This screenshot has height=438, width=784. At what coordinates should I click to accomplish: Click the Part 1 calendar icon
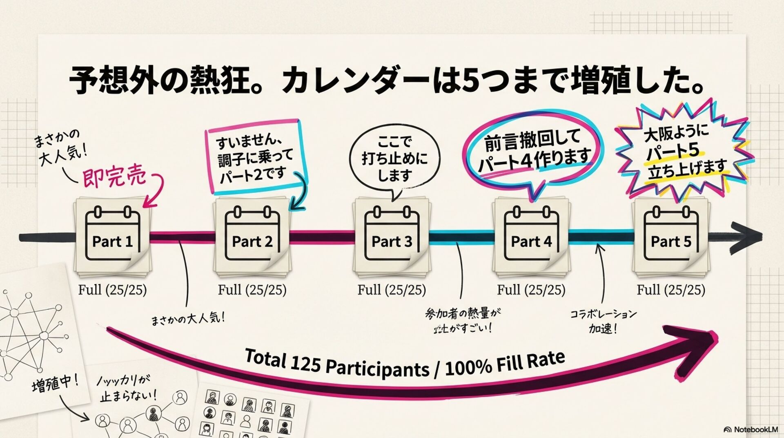point(112,235)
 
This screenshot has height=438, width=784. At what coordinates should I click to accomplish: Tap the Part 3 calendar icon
point(392,235)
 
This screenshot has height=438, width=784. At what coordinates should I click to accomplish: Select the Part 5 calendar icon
point(671,235)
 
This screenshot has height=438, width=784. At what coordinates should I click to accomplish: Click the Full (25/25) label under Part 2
point(252,290)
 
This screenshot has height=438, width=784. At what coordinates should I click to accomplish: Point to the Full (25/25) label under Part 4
point(531,290)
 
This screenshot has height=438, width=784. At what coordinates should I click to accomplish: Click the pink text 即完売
point(114,177)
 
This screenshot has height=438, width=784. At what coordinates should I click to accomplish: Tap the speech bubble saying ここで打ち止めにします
point(394,159)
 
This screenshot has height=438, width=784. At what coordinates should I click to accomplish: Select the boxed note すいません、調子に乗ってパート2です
point(254,157)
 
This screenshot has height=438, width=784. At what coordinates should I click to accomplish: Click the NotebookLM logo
point(751,429)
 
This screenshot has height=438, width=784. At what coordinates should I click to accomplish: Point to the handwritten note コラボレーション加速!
point(603,321)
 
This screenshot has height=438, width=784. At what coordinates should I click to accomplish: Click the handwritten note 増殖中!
point(55,384)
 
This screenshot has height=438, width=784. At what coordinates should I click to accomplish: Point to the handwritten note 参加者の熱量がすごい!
point(463,320)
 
